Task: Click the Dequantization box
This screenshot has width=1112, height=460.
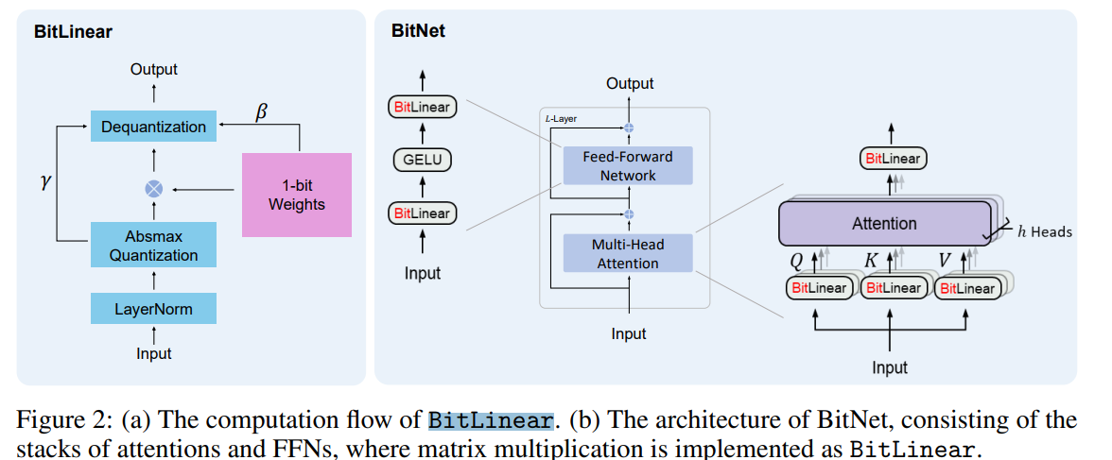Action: pyautogui.click(x=153, y=127)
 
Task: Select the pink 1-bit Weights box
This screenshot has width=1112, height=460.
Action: pyautogui.click(x=296, y=195)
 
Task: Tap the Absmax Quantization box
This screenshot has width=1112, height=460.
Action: pyautogui.click(x=153, y=246)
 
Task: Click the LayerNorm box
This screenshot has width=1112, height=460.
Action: pyautogui.click(x=153, y=308)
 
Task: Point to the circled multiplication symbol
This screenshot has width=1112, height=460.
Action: pyautogui.click(x=153, y=189)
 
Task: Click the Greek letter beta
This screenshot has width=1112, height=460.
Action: pyautogui.click(x=262, y=112)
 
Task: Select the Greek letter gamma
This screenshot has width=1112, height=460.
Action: pyautogui.click(x=43, y=180)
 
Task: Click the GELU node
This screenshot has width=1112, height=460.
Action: pyautogui.click(x=422, y=160)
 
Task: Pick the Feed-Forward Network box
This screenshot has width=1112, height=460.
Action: pyautogui.click(x=628, y=166)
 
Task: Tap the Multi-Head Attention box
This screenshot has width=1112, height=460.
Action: pyautogui.click(x=628, y=254)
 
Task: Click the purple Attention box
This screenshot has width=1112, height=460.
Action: pyautogui.click(x=884, y=224)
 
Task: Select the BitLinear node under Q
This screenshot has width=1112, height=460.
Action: pyautogui.click(x=819, y=288)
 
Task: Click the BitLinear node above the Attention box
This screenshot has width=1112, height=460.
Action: pyautogui.click(x=893, y=160)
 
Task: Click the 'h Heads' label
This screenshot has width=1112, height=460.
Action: pyautogui.click(x=1044, y=230)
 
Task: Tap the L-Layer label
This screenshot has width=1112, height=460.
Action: pyautogui.click(x=561, y=119)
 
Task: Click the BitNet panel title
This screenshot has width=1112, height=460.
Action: pyautogui.click(x=418, y=31)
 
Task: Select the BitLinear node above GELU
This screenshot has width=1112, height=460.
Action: pyautogui.click(x=422, y=107)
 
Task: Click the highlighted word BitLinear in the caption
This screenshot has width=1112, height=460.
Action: pyautogui.click(x=490, y=421)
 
